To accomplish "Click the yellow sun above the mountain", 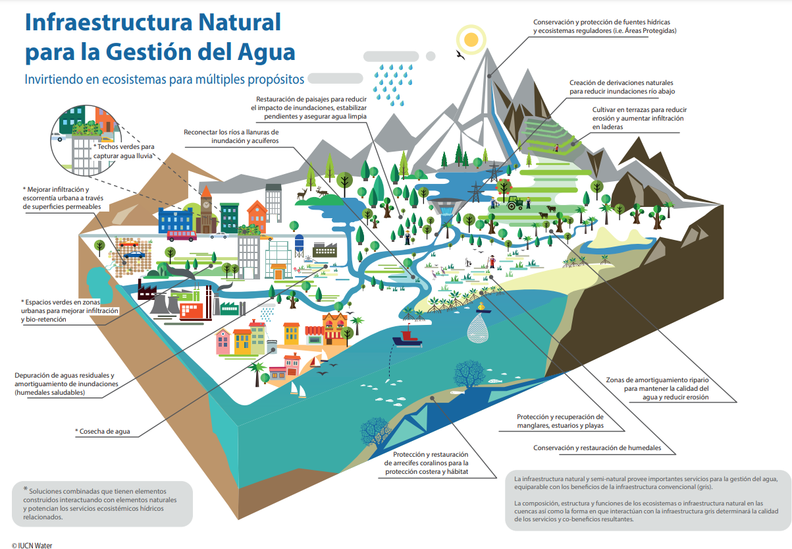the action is point(471,40).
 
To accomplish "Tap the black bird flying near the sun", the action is point(460,55).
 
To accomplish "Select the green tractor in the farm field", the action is point(515,203).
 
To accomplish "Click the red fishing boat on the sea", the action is point(408,338).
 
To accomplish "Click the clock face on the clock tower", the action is point(207,204).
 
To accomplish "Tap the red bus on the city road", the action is point(182,236).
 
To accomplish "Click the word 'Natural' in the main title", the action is point(240,22).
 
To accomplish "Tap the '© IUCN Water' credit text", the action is point(32,546).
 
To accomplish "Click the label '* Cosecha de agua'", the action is point(103,431).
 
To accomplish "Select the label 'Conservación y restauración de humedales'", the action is point(597,448).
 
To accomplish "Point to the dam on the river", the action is point(446,206).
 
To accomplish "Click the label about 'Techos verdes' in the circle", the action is point(123,151).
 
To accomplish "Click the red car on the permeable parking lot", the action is point(128,243).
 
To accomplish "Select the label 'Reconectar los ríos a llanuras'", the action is point(231,136).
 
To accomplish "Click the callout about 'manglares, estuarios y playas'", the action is point(560,421).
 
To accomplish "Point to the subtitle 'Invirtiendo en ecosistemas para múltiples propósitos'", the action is point(165,80).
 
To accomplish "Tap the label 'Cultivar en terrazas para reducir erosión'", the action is point(639,118).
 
